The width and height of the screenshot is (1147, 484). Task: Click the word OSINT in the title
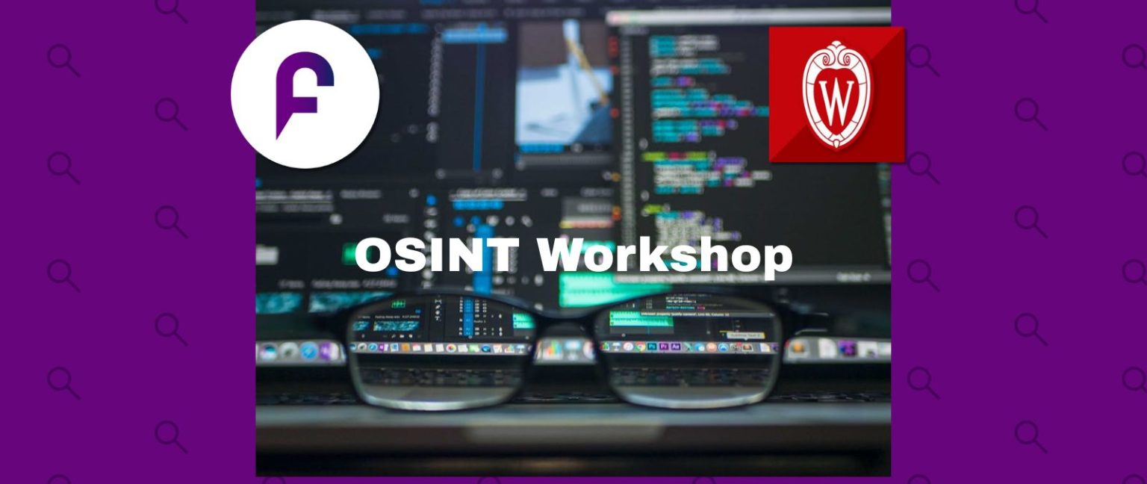point(436,255)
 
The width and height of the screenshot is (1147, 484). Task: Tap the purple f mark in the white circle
point(304,93)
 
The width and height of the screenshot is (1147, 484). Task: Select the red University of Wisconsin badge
point(836,94)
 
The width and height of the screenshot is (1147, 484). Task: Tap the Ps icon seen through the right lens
point(652,347)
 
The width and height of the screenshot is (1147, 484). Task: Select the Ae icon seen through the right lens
point(675,347)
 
